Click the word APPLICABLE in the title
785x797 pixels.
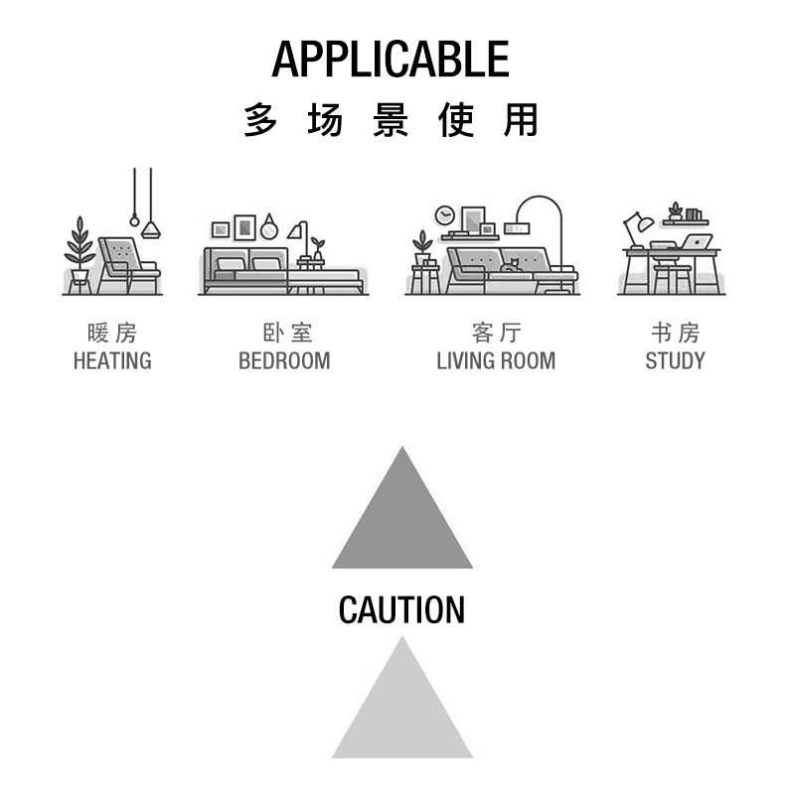(x=391, y=60)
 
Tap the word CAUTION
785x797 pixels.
(x=401, y=609)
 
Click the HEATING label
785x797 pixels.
(x=112, y=360)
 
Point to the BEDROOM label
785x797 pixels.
(x=284, y=360)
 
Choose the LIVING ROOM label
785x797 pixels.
(x=496, y=360)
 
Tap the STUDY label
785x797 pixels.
(x=675, y=360)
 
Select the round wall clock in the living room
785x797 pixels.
(x=445, y=215)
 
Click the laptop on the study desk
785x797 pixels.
(x=697, y=241)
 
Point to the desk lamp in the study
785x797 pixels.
(x=636, y=226)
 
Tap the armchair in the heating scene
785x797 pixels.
(x=127, y=263)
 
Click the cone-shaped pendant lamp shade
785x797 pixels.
(x=151, y=230)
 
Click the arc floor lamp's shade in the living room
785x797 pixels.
(x=517, y=228)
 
